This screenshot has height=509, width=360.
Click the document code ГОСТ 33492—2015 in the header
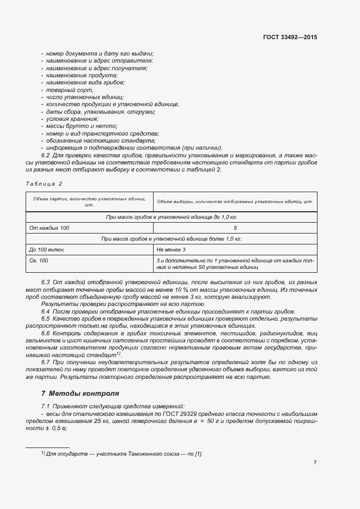(290, 38)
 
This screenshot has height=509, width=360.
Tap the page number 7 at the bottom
(315, 462)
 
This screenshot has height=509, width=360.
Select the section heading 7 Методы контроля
(80, 393)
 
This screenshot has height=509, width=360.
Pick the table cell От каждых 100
(49, 228)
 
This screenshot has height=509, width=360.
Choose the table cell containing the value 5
(235, 228)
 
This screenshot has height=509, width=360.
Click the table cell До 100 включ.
(47, 249)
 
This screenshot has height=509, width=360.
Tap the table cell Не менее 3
(171, 249)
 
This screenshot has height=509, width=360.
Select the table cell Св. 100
(39, 261)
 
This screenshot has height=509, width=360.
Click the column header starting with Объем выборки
(235, 201)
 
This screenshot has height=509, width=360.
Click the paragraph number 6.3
(46, 283)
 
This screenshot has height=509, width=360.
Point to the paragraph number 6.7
(46, 362)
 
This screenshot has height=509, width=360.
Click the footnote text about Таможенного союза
(124, 453)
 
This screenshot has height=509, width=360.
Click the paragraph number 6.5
(46, 318)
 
